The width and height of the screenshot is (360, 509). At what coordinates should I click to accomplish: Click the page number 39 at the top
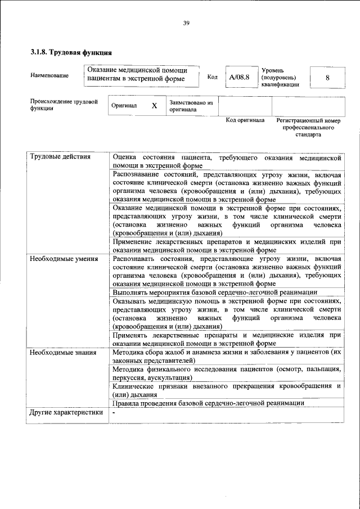pos(186,23)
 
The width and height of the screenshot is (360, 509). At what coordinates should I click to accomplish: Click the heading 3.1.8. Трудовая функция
pos(67,53)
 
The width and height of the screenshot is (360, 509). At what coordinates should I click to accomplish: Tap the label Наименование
pos(50,76)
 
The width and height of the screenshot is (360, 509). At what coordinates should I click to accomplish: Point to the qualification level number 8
pos(327,77)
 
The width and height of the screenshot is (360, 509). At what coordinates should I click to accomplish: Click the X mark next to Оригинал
pos(153,106)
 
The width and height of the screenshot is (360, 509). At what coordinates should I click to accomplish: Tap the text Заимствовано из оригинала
pos(191,106)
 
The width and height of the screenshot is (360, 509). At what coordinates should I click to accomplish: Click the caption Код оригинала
pos(245,120)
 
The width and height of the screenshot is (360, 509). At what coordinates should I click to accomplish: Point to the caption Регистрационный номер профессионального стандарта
pos(308,128)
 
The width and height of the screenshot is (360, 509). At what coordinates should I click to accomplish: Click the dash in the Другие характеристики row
pos(114,412)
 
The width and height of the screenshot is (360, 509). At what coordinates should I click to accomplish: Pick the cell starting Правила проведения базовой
pos(208,403)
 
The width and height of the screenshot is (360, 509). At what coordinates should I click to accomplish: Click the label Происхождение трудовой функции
pos(64,106)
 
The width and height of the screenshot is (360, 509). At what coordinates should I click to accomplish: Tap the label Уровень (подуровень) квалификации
pos(280,77)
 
